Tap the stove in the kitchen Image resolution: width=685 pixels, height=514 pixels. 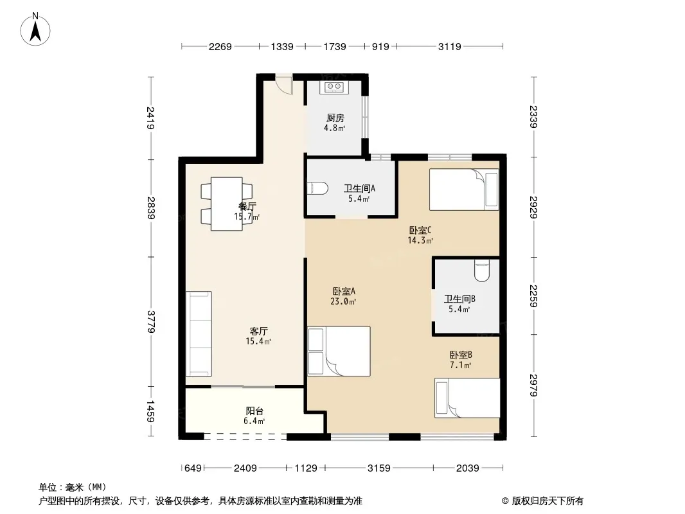pos(334,87)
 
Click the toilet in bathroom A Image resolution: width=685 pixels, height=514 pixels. pos(318,188)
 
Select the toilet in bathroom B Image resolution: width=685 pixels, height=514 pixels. pos(481,270)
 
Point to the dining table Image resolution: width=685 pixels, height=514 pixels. pos(226,204)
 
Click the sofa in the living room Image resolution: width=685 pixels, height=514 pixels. pos(199,333)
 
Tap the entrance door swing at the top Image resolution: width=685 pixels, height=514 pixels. pos(284,85)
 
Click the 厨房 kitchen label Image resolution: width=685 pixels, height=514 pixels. pos(335,118)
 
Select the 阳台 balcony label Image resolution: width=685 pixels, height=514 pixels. pos(254,411)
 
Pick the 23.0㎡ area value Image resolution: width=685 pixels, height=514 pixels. pos(343,301)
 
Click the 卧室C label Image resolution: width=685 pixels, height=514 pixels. pos(420,230)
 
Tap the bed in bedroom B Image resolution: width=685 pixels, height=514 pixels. pos(467,398)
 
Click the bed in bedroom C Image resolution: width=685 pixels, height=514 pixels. pos(464,190)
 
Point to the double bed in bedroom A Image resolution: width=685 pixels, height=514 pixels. pos(339,351)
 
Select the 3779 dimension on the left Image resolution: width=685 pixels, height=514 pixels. pos(150,321)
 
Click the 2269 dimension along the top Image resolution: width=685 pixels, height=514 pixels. pos(220,46)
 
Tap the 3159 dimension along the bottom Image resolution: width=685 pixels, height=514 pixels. pos(378,468)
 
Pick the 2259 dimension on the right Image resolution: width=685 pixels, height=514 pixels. pos(533,296)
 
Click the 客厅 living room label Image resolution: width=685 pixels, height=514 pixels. pos(258,331)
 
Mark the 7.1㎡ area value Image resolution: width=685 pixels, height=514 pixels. pos(461,365)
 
